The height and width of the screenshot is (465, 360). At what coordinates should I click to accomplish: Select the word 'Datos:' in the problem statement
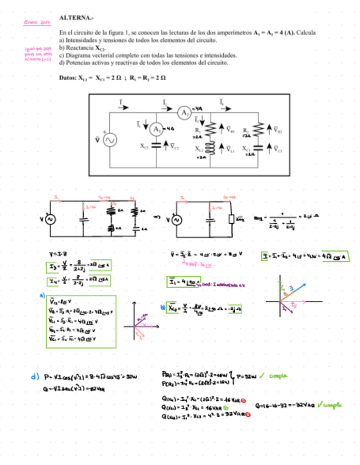point(68,78)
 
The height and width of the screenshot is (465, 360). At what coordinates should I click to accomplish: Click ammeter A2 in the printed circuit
point(184,112)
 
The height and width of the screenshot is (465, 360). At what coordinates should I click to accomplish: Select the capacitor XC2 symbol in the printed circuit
point(156,146)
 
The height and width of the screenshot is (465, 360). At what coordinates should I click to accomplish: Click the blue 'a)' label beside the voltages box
point(41,294)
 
